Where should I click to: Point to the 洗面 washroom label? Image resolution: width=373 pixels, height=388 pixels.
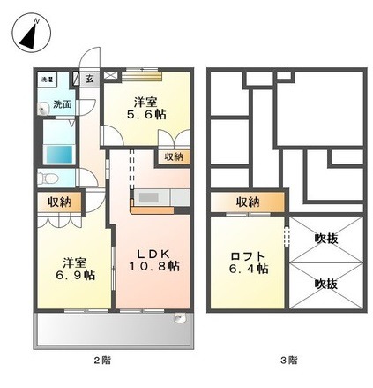coord(63,104)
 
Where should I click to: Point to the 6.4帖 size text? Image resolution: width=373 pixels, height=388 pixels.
coord(250,270)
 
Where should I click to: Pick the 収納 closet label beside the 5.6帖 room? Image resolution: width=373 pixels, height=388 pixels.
coord(173,156)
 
